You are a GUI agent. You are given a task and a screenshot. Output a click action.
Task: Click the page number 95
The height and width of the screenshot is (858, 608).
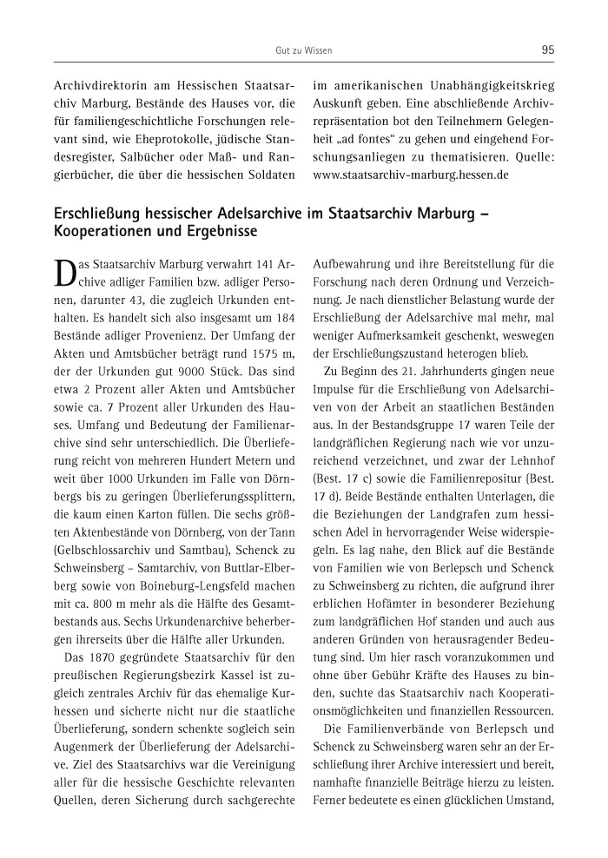(547, 50)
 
